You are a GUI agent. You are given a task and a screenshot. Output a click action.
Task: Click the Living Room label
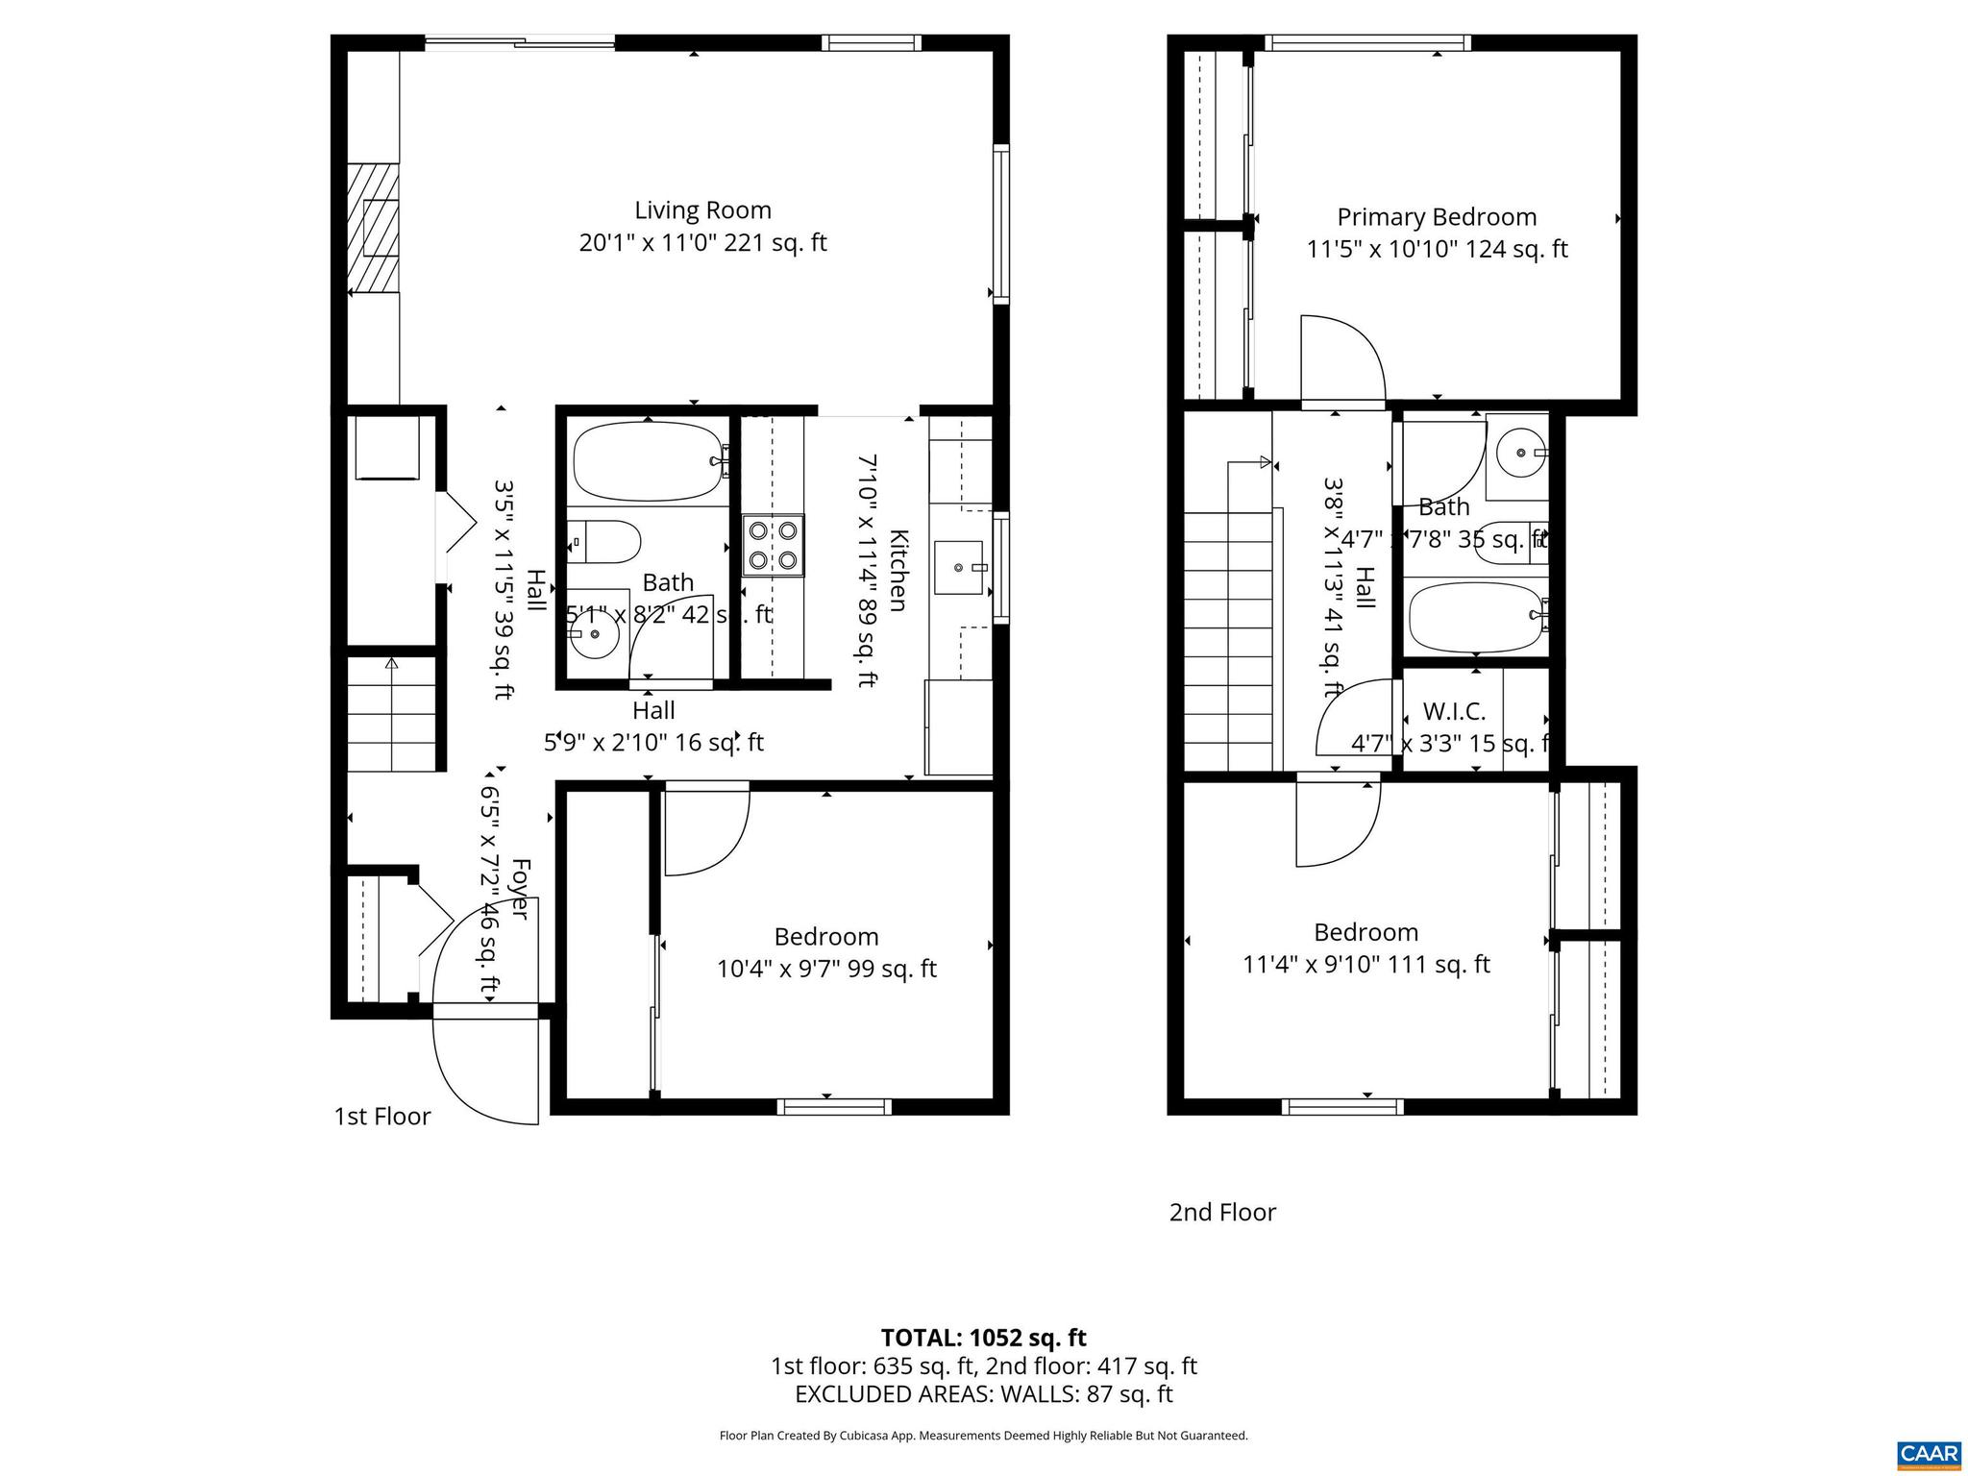702,210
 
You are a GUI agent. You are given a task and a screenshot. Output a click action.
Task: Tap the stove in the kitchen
773,545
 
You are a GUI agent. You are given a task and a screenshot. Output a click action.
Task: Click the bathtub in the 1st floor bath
648,462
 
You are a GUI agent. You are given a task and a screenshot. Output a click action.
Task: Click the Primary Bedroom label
1437,217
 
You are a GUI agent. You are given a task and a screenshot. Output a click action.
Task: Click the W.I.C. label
1454,712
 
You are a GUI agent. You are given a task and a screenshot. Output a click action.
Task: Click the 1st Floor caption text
381,1117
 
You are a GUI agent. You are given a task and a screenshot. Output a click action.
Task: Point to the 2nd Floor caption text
1222,1213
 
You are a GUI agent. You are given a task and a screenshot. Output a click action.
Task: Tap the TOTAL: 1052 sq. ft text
983,1338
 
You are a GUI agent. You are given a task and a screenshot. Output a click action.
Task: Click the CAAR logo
1929,1452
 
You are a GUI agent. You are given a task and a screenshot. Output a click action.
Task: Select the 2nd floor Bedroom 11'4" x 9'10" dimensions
1365,964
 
